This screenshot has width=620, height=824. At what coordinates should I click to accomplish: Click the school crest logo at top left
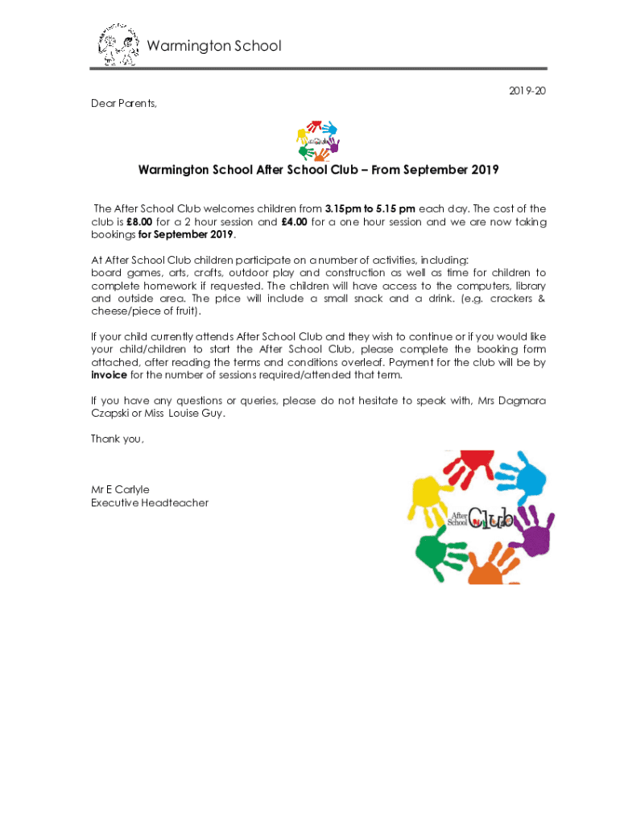click(x=118, y=45)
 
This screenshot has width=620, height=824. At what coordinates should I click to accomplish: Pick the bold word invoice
click(x=109, y=375)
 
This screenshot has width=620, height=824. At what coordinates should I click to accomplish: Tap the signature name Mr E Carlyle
click(x=120, y=489)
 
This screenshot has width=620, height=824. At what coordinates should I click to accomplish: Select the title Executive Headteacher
click(x=150, y=503)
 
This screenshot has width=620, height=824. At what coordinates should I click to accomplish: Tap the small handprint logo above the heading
click(x=317, y=141)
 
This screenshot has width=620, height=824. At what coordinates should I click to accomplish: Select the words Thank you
click(x=118, y=439)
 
